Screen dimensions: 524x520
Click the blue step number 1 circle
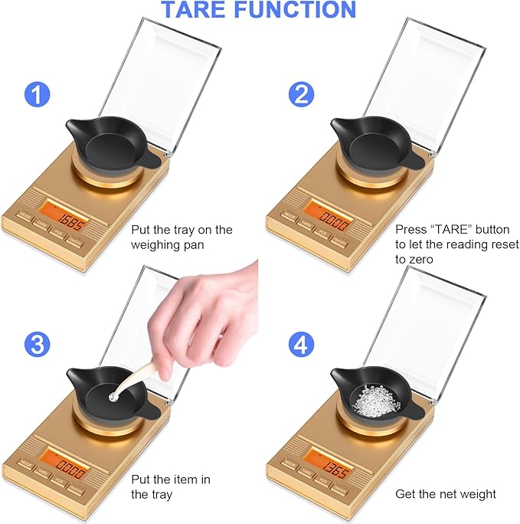click(x=38, y=96)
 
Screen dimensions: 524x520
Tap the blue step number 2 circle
click(x=301, y=96)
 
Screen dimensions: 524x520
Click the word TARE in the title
click(x=201, y=10)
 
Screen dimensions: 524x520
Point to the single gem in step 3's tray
click(x=114, y=395)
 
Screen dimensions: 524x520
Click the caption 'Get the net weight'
click(x=445, y=494)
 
